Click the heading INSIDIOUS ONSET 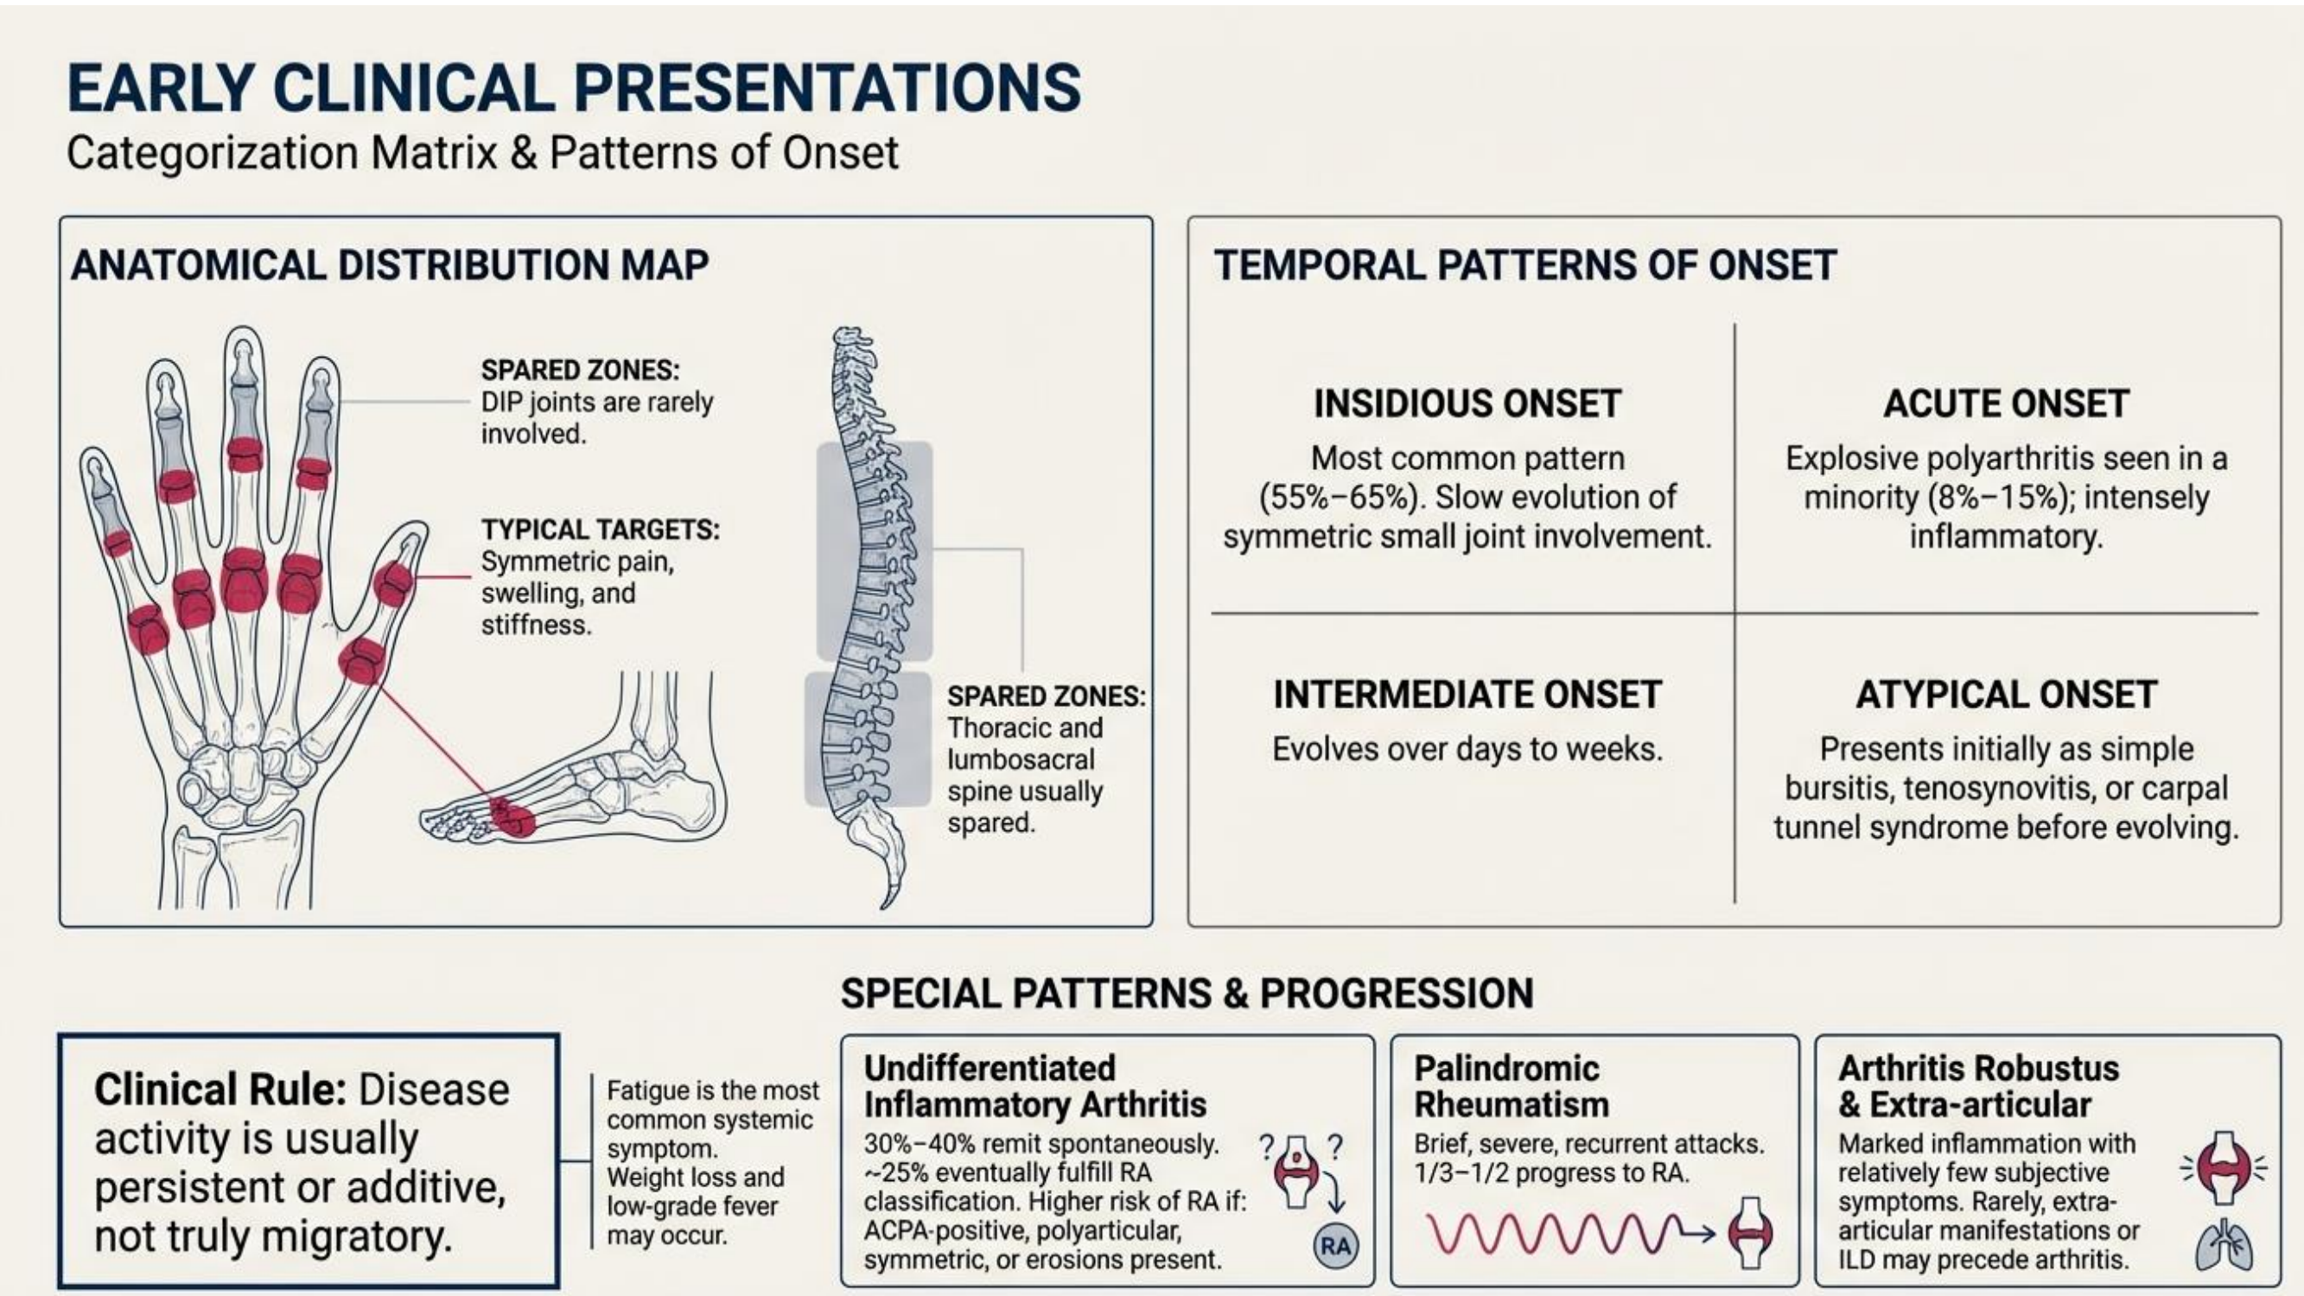(x=1467, y=403)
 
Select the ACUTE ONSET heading (x=2006, y=403)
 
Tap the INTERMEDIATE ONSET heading (x=1467, y=695)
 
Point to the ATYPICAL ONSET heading (x=2006, y=695)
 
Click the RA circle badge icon (x=1335, y=1246)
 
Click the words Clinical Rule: (x=220, y=1090)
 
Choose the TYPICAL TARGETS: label (x=600, y=530)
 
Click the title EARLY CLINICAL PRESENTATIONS (x=573, y=87)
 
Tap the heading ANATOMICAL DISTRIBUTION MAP (x=390, y=265)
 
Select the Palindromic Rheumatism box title (x=1512, y=1087)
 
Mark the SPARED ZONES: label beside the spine (x=1047, y=696)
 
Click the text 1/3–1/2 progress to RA (x=1552, y=1173)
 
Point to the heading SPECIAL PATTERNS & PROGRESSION (x=1187, y=994)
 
